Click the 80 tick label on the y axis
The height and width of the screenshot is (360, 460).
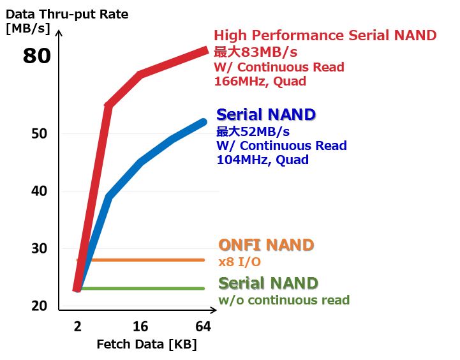pyautogui.click(x=36, y=56)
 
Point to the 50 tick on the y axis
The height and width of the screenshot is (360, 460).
pyautogui.click(x=39, y=133)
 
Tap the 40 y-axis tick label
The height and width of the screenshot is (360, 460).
pyautogui.click(x=39, y=191)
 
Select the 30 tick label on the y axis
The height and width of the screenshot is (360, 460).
pyautogui.click(x=39, y=248)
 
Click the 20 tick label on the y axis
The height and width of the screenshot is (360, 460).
pyautogui.click(x=39, y=306)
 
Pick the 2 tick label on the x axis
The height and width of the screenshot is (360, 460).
pyautogui.click(x=78, y=327)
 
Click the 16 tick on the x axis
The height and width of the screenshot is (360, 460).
pyautogui.click(x=140, y=327)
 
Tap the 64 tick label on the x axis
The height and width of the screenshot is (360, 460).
pyautogui.click(x=203, y=327)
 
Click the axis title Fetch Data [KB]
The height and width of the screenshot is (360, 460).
pyautogui.click(x=147, y=345)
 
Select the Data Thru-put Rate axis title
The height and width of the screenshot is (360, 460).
pyautogui.click(x=67, y=15)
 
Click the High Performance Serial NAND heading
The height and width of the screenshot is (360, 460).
pyautogui.click(x=325, y=35)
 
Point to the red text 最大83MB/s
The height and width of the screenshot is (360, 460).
pyautogui.click(x=255, y=52)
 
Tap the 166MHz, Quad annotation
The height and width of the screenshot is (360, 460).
pyautogui.click(x=260, y=81)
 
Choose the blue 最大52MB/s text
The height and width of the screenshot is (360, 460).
pyautogui.click(x=253, y=131)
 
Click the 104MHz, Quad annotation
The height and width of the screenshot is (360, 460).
pyautogui.click(x=262, y=160)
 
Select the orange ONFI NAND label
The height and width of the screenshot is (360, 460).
pyautogui.click(x=266, y=245)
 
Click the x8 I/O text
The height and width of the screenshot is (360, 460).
pyautogui.click(x=240, y=262)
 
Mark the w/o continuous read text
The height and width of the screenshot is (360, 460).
pyautogui.click(x=284, y=300)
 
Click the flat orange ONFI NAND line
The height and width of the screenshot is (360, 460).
pyautogui.click(x=140, y=260)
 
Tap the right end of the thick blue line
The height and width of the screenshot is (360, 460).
pyautogui.click(x=204, y=122)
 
